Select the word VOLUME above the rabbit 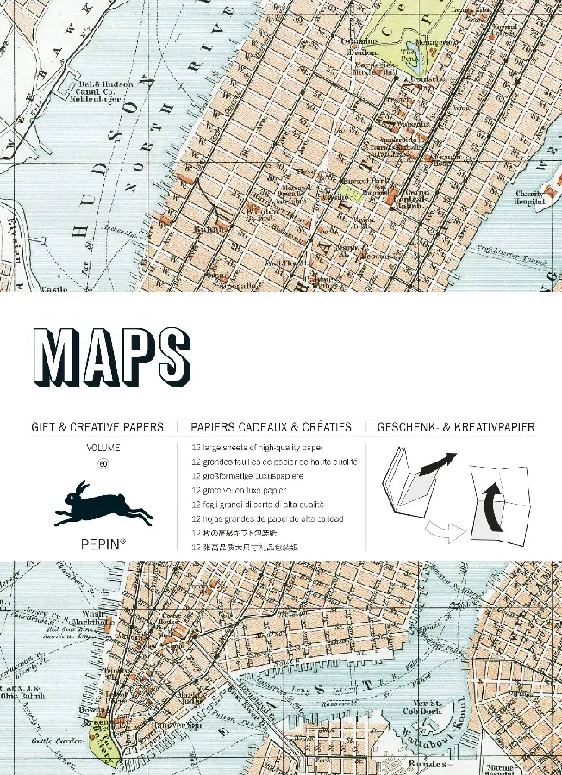[x=103, y=448]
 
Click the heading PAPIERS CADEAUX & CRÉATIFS [x=271, y=427]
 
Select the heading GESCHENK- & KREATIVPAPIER [x=455, y=427]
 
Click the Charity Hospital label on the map [x=530, y=199]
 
